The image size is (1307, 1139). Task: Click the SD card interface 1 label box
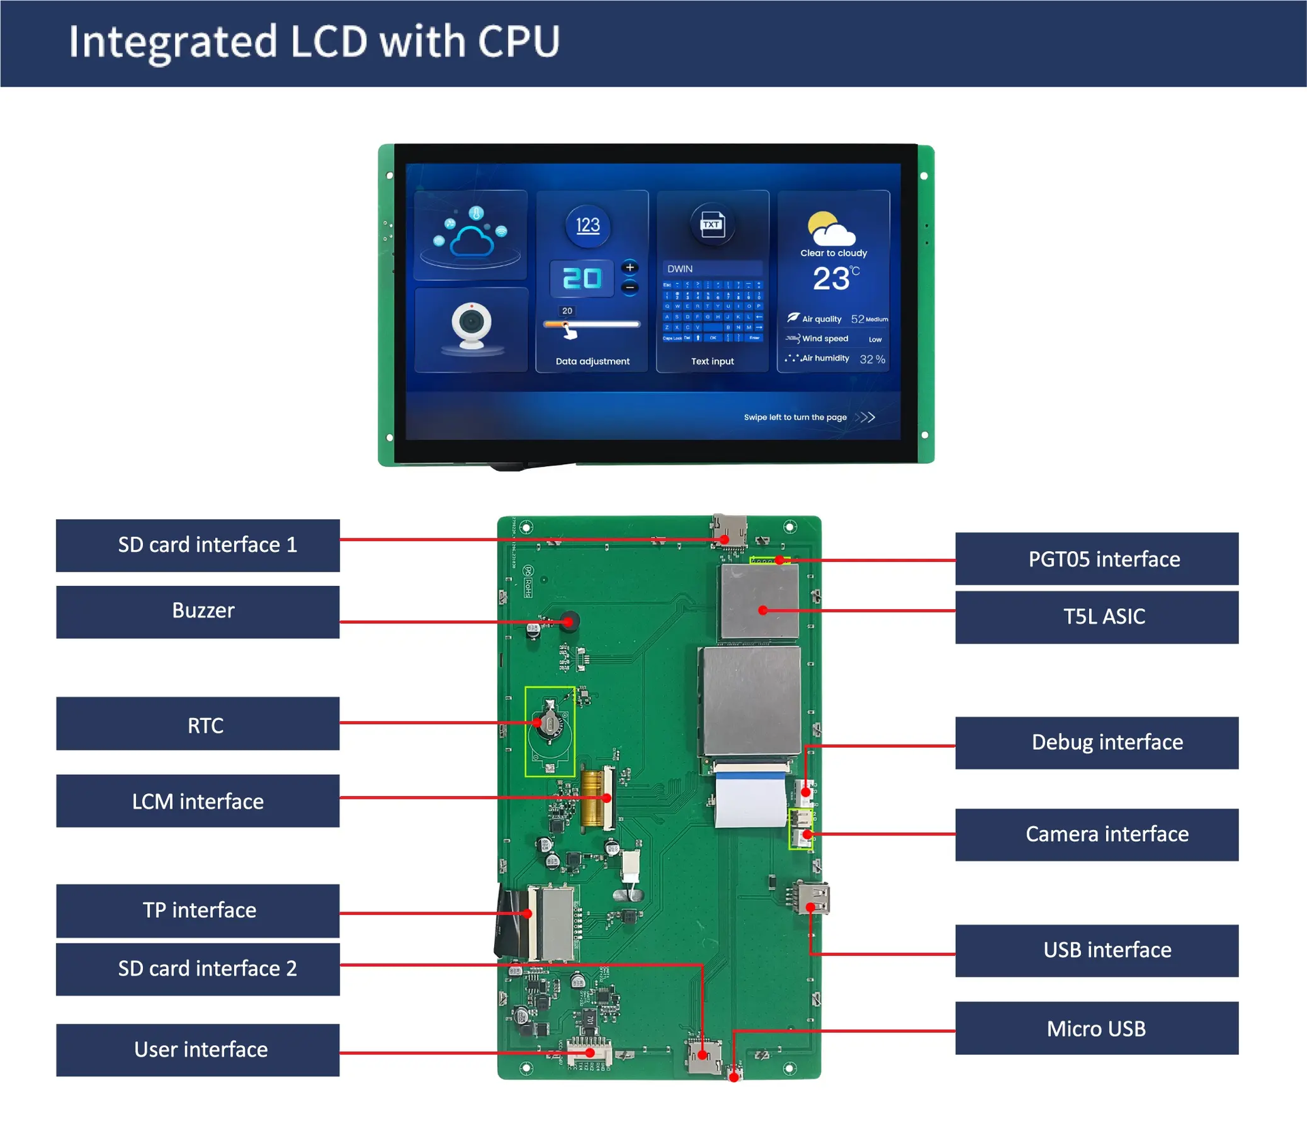[197, 545]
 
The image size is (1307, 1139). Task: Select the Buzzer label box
[197, 611]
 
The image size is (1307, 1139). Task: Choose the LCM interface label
[197, 801]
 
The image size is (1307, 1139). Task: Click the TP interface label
[197, 910]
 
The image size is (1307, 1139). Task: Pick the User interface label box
[197, 1049]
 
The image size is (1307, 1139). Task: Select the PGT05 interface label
[1096, 559]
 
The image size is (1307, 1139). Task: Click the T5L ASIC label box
[1096, 616]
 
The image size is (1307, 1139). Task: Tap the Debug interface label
[1096, 742]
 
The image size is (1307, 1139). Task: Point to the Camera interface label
[1096, 834]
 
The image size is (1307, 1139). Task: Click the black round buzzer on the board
[569, 621]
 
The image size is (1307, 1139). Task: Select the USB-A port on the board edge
[814, 898]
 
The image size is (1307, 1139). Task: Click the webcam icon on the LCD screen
[471, 327]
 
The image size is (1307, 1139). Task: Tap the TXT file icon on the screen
[712, 225]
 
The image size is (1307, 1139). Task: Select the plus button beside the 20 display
[630, 267]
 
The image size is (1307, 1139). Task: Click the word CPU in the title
[519, 42]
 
